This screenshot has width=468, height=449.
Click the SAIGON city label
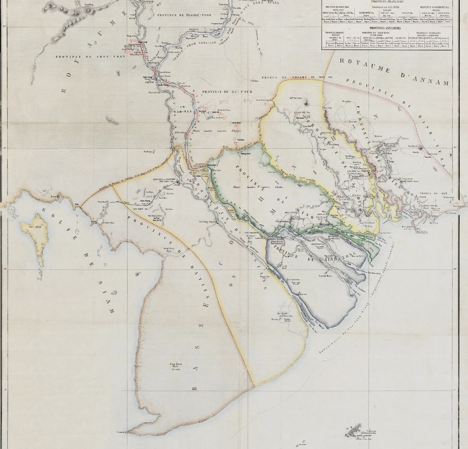tap(377, 171)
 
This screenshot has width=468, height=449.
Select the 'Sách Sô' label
tap(215, 112)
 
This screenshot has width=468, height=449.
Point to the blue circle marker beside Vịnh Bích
tap(231, 123)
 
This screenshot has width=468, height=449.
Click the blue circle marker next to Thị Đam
tap(234, 139)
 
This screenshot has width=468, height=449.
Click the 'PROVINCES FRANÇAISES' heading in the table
tap(366, 1)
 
